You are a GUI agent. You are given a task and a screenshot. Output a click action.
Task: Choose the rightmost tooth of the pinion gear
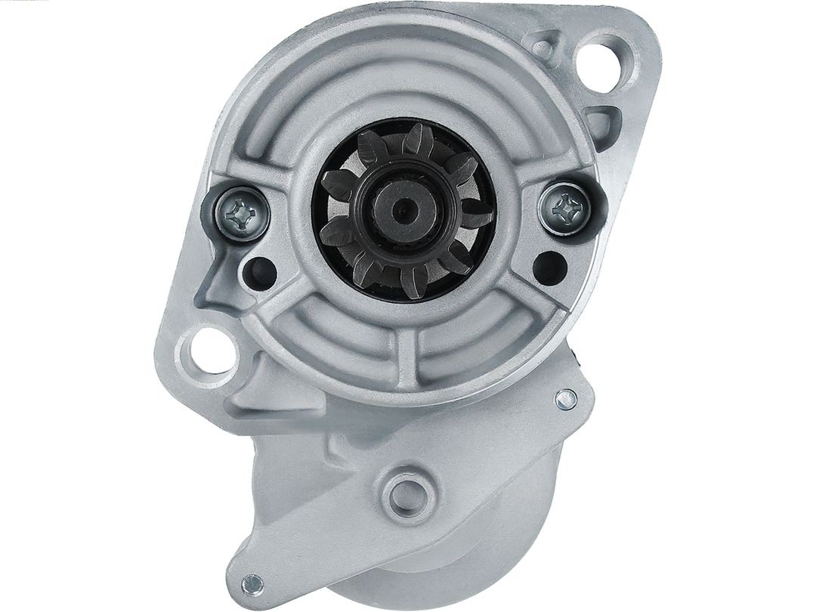478,214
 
